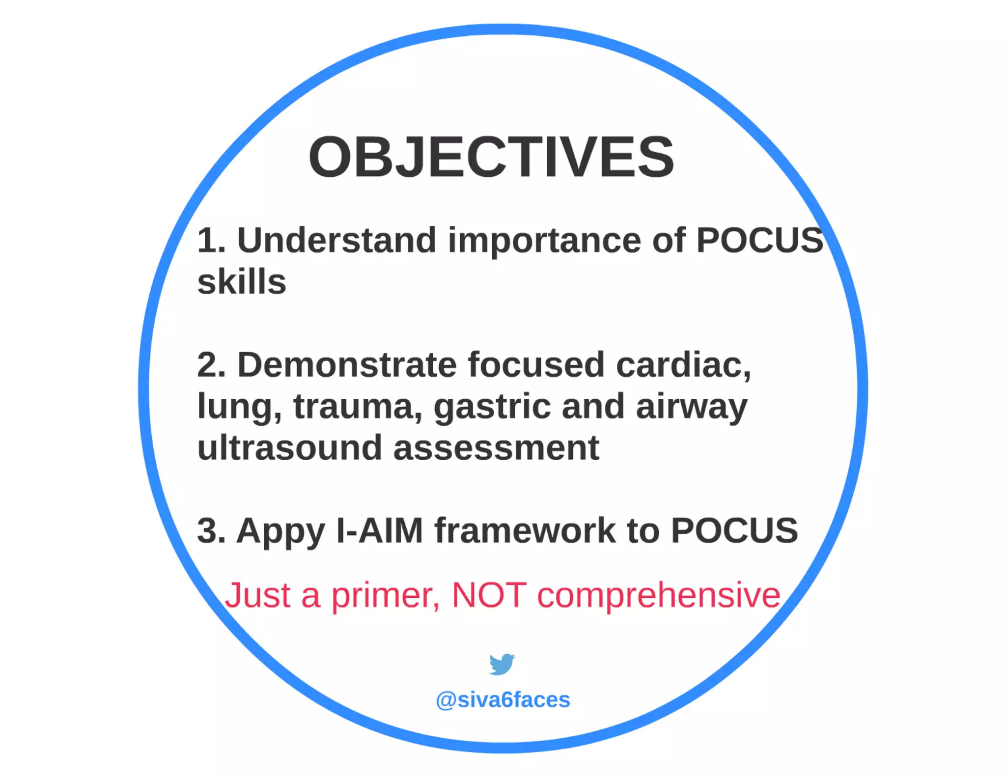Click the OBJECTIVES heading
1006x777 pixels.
point(491,157)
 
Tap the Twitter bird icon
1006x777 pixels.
point(502,664)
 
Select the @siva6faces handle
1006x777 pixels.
point(503,700)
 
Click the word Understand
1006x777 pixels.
point(336,241)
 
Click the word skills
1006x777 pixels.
point(242,282)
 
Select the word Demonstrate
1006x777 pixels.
point(347,365)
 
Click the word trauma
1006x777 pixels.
point(358,407)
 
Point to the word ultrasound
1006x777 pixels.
point(290,448)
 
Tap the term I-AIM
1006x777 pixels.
point(379,531)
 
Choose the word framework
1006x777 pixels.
point(525,531)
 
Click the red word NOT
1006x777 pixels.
point(489,595)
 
